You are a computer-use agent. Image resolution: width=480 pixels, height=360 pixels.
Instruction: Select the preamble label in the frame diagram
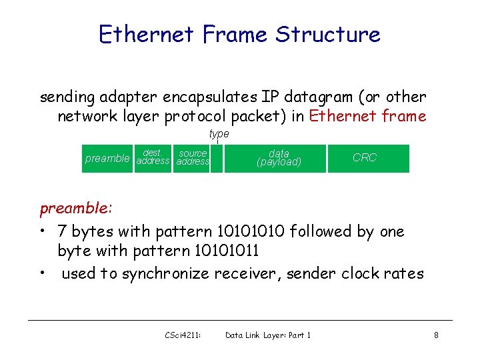click(x=107, y=159)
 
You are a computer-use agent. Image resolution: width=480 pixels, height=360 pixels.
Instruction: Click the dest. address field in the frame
click(x=153, y=158)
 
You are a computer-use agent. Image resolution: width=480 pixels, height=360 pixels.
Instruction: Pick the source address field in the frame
click(x=193, y=158)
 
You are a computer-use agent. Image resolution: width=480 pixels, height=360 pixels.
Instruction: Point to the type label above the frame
click(x=219, y=134)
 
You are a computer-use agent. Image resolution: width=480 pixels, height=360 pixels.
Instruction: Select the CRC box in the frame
click(x=365, y=158)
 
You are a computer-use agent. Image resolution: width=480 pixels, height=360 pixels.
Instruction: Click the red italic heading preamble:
click(x=75, y=208)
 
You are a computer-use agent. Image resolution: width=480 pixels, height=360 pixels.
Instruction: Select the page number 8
click(x=436, y=335)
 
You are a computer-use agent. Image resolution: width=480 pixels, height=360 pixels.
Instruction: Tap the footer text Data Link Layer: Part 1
click(x=268, y=335)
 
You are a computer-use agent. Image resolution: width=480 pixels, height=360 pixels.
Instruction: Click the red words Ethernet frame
click(x=368, y=117)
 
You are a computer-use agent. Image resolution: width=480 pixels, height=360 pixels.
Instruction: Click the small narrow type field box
click(x=217, y=159)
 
